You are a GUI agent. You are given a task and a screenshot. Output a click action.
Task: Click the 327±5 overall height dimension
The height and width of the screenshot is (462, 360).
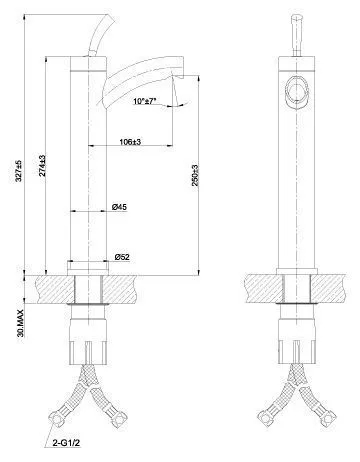pos(19,171)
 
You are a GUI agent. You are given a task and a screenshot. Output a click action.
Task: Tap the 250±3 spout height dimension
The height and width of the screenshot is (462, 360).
pos(195,175)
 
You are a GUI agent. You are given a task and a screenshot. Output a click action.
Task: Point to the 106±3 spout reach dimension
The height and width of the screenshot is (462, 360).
pos(130,142)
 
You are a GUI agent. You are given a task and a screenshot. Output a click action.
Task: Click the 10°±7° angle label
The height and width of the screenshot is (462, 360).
pos(144,101)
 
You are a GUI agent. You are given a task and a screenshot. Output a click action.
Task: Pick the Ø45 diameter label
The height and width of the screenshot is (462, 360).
pos(119,207)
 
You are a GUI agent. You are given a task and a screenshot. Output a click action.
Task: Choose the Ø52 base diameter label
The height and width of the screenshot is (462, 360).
pos(122,257)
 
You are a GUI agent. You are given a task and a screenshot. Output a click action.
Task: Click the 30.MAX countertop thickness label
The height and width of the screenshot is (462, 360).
pos(21,323)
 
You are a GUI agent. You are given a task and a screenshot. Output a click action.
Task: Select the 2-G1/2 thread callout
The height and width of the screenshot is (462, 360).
pos(67,443)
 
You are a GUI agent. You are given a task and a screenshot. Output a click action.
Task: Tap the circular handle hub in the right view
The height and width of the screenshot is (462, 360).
pos(296,91)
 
